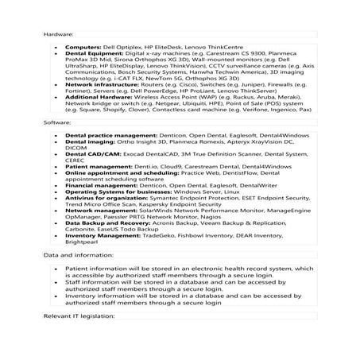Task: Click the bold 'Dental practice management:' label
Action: (x=110, y=136)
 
